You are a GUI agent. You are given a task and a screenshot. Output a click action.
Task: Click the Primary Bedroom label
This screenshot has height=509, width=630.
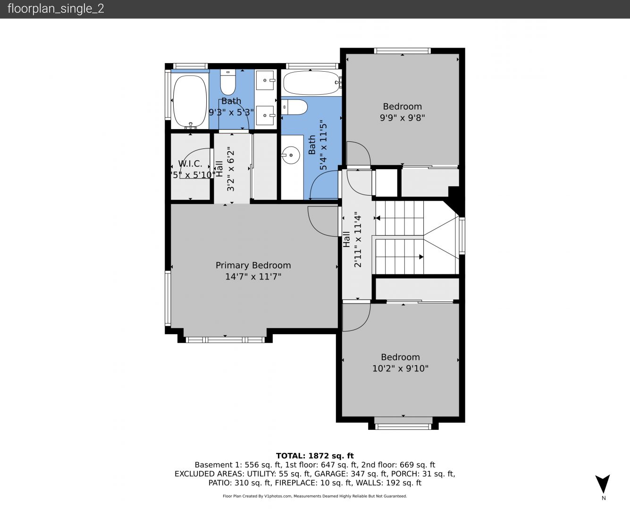[x=253, y=265]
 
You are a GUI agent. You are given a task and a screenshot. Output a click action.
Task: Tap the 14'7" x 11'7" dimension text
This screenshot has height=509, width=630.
[x=253, y=277]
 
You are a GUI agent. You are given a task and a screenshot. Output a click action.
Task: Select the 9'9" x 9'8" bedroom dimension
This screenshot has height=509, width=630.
[x=402, y=118]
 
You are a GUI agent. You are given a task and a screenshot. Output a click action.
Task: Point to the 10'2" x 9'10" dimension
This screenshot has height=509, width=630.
[x=400, y=369]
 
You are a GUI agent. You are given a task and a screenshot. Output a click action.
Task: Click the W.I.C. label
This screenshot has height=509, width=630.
[x=190, y=164]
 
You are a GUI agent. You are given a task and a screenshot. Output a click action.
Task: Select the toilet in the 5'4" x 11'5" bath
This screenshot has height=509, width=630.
[x=294, y=107]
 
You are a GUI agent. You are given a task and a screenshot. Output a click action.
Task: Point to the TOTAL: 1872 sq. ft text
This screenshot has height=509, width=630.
[x=315, y=456]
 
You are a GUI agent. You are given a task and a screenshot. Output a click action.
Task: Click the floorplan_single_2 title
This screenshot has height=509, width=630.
[x=56, y=9]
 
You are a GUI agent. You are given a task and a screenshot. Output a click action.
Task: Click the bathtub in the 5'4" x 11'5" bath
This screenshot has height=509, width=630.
[x=311, y=83]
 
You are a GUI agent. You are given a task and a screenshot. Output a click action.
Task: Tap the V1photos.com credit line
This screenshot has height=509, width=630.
[x=315, y=496]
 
